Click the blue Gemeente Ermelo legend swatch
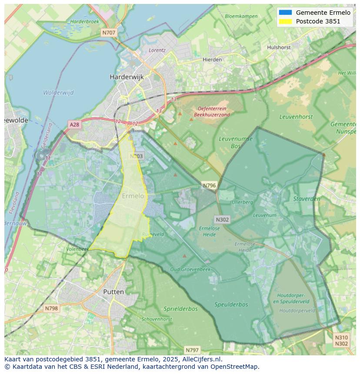click(x=285, y=13)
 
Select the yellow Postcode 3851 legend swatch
click(x=285, y=21)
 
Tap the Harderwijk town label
click(x=127, y=77)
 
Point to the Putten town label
click(x=113, y=292)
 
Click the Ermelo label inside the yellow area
click(x=133, y=196)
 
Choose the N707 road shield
click(x=109, y=33)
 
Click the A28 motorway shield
click(x=74, y=125)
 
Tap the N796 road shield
click(x=209, y=185)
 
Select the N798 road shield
click(x=51, y=308)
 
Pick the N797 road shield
click(x=192, y=350)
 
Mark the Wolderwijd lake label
click(x=58, y=93)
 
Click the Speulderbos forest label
click(x=231, y=304)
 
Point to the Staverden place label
click(x=307, y=199)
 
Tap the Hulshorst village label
click(x=279, y=47)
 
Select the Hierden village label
click(x=212, y=60)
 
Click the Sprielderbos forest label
click(x=180, y=309)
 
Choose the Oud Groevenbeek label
click(x=190, y=269)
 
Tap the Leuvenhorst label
click(x=296, y=117)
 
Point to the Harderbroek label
click(x=85, y=21)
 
